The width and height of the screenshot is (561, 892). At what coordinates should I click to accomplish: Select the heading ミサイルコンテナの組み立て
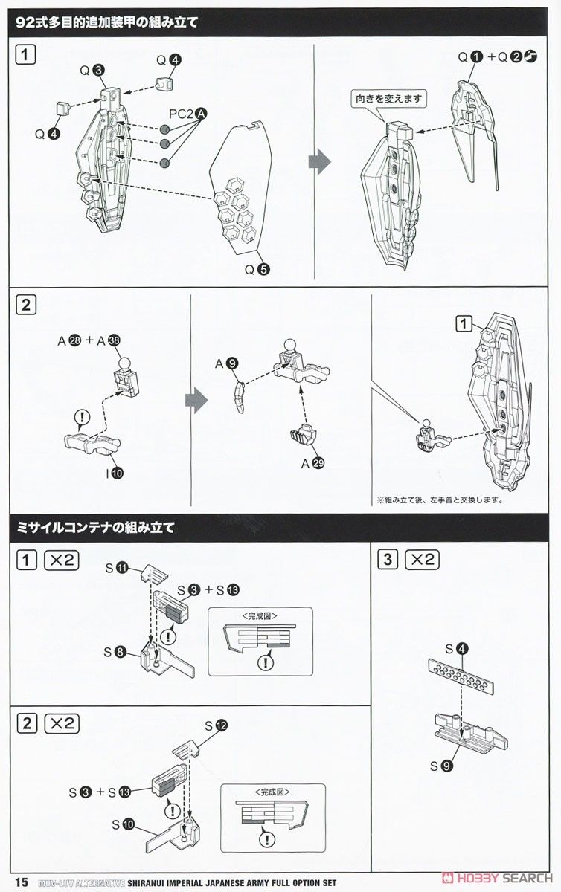[96, 528]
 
